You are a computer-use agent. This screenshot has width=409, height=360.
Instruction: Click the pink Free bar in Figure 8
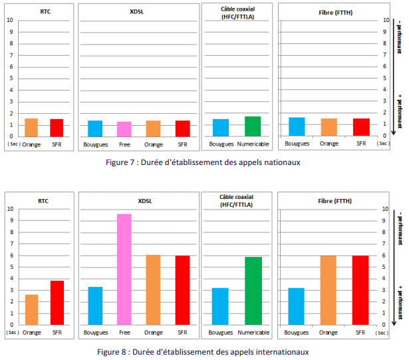tap(124, 270)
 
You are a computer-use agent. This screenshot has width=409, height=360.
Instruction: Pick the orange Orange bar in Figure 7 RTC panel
tap(31, 127)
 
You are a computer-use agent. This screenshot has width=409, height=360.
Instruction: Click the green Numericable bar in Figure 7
tap(253, 126)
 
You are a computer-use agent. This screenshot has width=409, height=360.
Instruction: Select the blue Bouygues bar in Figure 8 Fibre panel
tap(297, 306)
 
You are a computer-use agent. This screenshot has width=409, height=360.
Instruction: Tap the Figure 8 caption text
tap(204, 351)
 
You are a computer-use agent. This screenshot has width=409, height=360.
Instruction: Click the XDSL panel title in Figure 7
tap(138, 12)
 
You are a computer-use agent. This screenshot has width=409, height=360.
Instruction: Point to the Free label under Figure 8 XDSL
tap(124, 332)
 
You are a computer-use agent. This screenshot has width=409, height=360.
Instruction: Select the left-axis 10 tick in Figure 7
tap(10, 20)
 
